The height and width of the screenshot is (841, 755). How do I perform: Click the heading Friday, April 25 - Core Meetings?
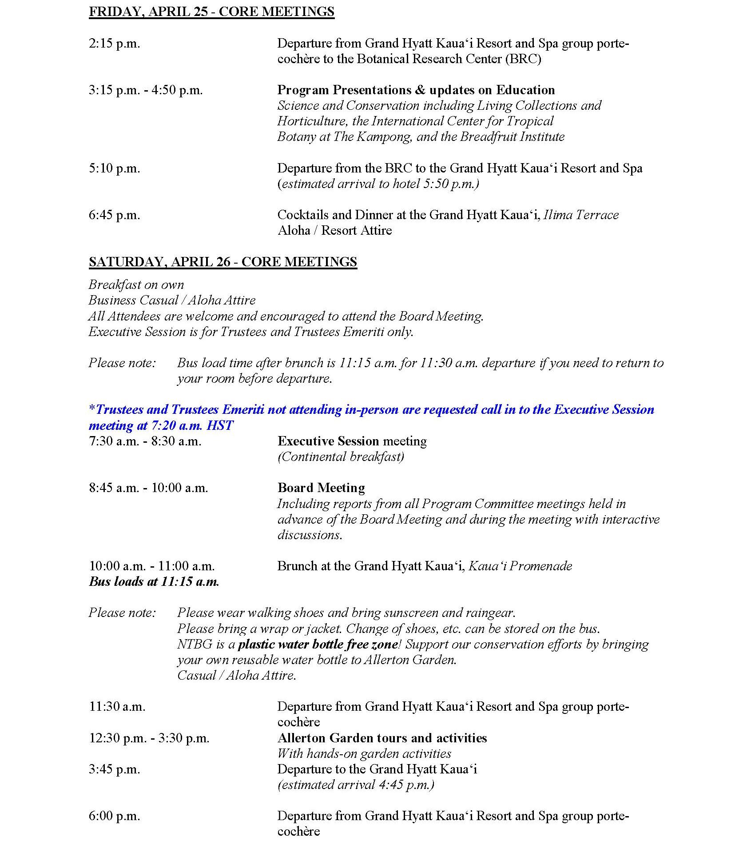point(211,12)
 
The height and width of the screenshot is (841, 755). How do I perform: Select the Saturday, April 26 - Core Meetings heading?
point(223,262)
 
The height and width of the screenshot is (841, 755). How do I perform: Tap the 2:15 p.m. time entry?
point(114,44)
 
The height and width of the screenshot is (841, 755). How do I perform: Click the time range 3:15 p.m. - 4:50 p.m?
point(146,90)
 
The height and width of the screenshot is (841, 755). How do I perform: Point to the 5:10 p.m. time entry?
point(114,168)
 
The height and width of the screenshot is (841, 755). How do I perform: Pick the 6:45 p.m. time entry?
point(114,215)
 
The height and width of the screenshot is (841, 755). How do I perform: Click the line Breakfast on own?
point(136,284)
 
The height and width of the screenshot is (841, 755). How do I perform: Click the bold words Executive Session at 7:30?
point(328,441)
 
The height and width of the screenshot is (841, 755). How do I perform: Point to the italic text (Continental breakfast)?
point(341,457)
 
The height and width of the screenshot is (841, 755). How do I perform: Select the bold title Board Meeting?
point(321,488)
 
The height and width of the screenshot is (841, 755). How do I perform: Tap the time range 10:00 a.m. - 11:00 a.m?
point(151,566)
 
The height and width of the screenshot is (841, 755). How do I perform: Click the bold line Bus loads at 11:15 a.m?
point(154,581)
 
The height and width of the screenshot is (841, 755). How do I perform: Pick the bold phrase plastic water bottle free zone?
point(318,644)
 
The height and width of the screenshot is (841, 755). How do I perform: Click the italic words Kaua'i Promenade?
point(520,566)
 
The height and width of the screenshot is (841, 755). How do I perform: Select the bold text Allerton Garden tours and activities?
point(382,738)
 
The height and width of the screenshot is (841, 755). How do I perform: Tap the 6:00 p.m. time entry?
point(114,816)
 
